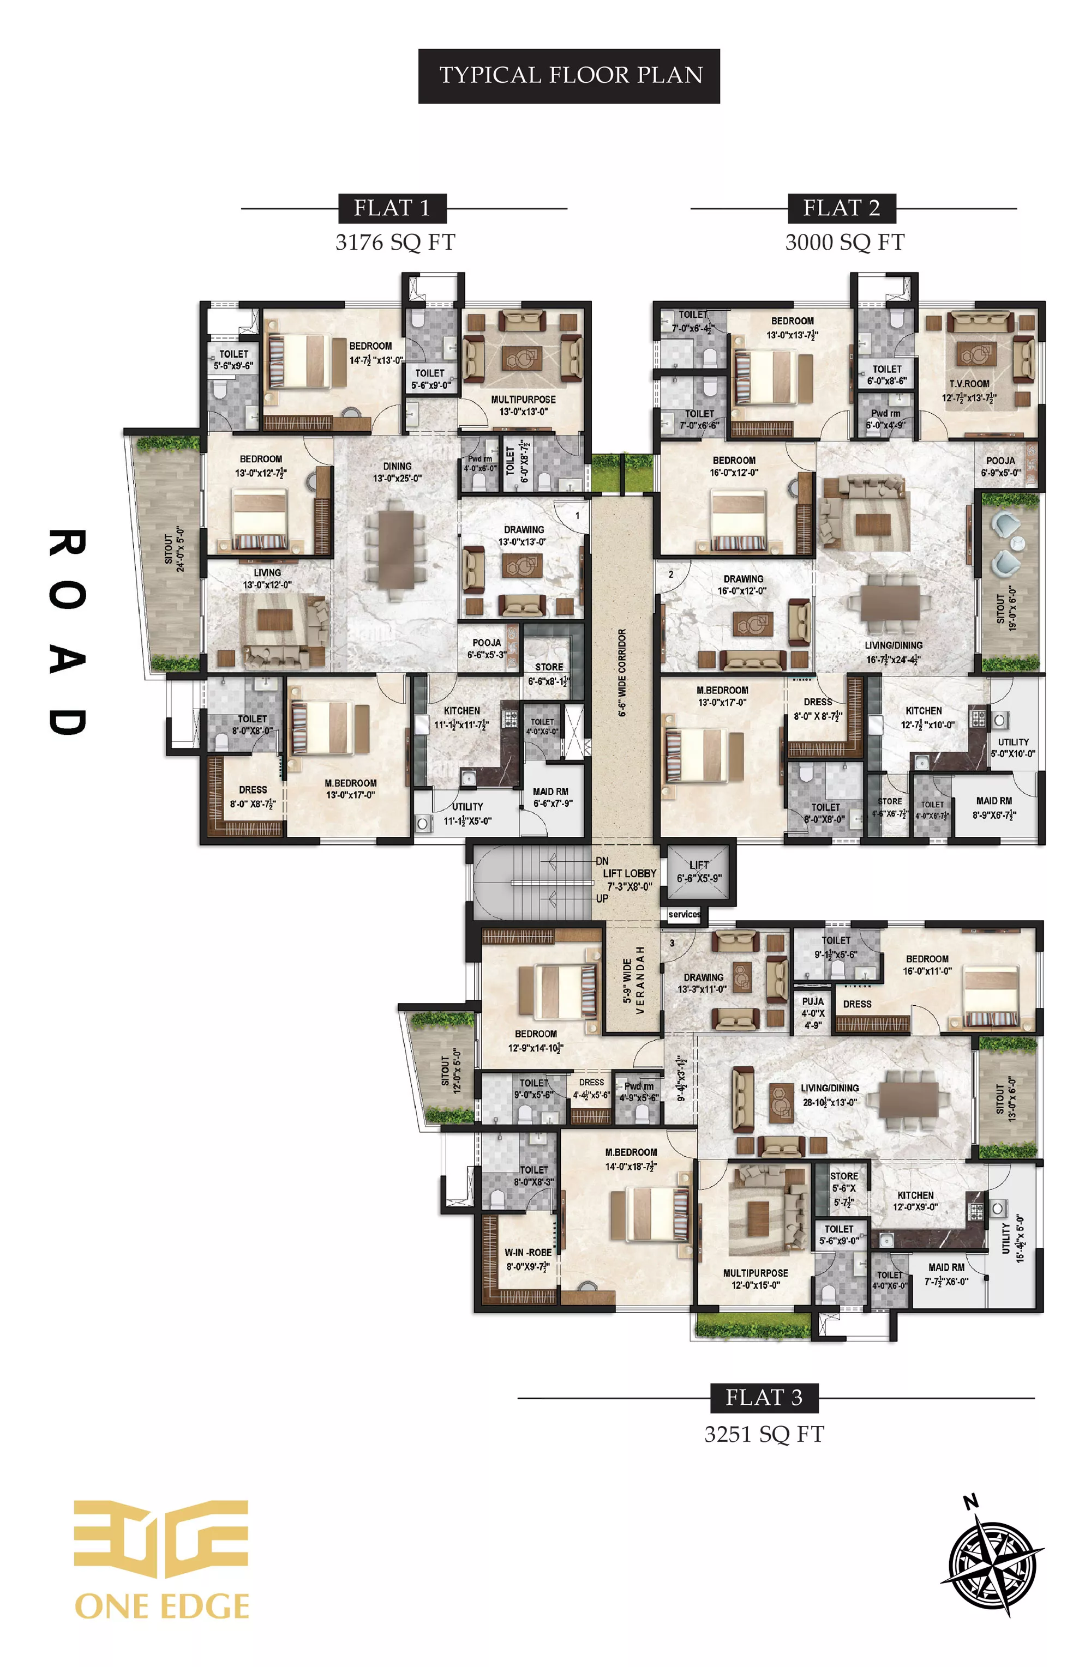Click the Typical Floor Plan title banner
point(568,76)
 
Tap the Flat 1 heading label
point(391,208)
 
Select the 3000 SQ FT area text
point(844,243)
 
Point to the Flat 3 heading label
point(763,1397)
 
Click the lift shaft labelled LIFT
point(698,872)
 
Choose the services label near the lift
point(684,914)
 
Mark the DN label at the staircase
point(602,861)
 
